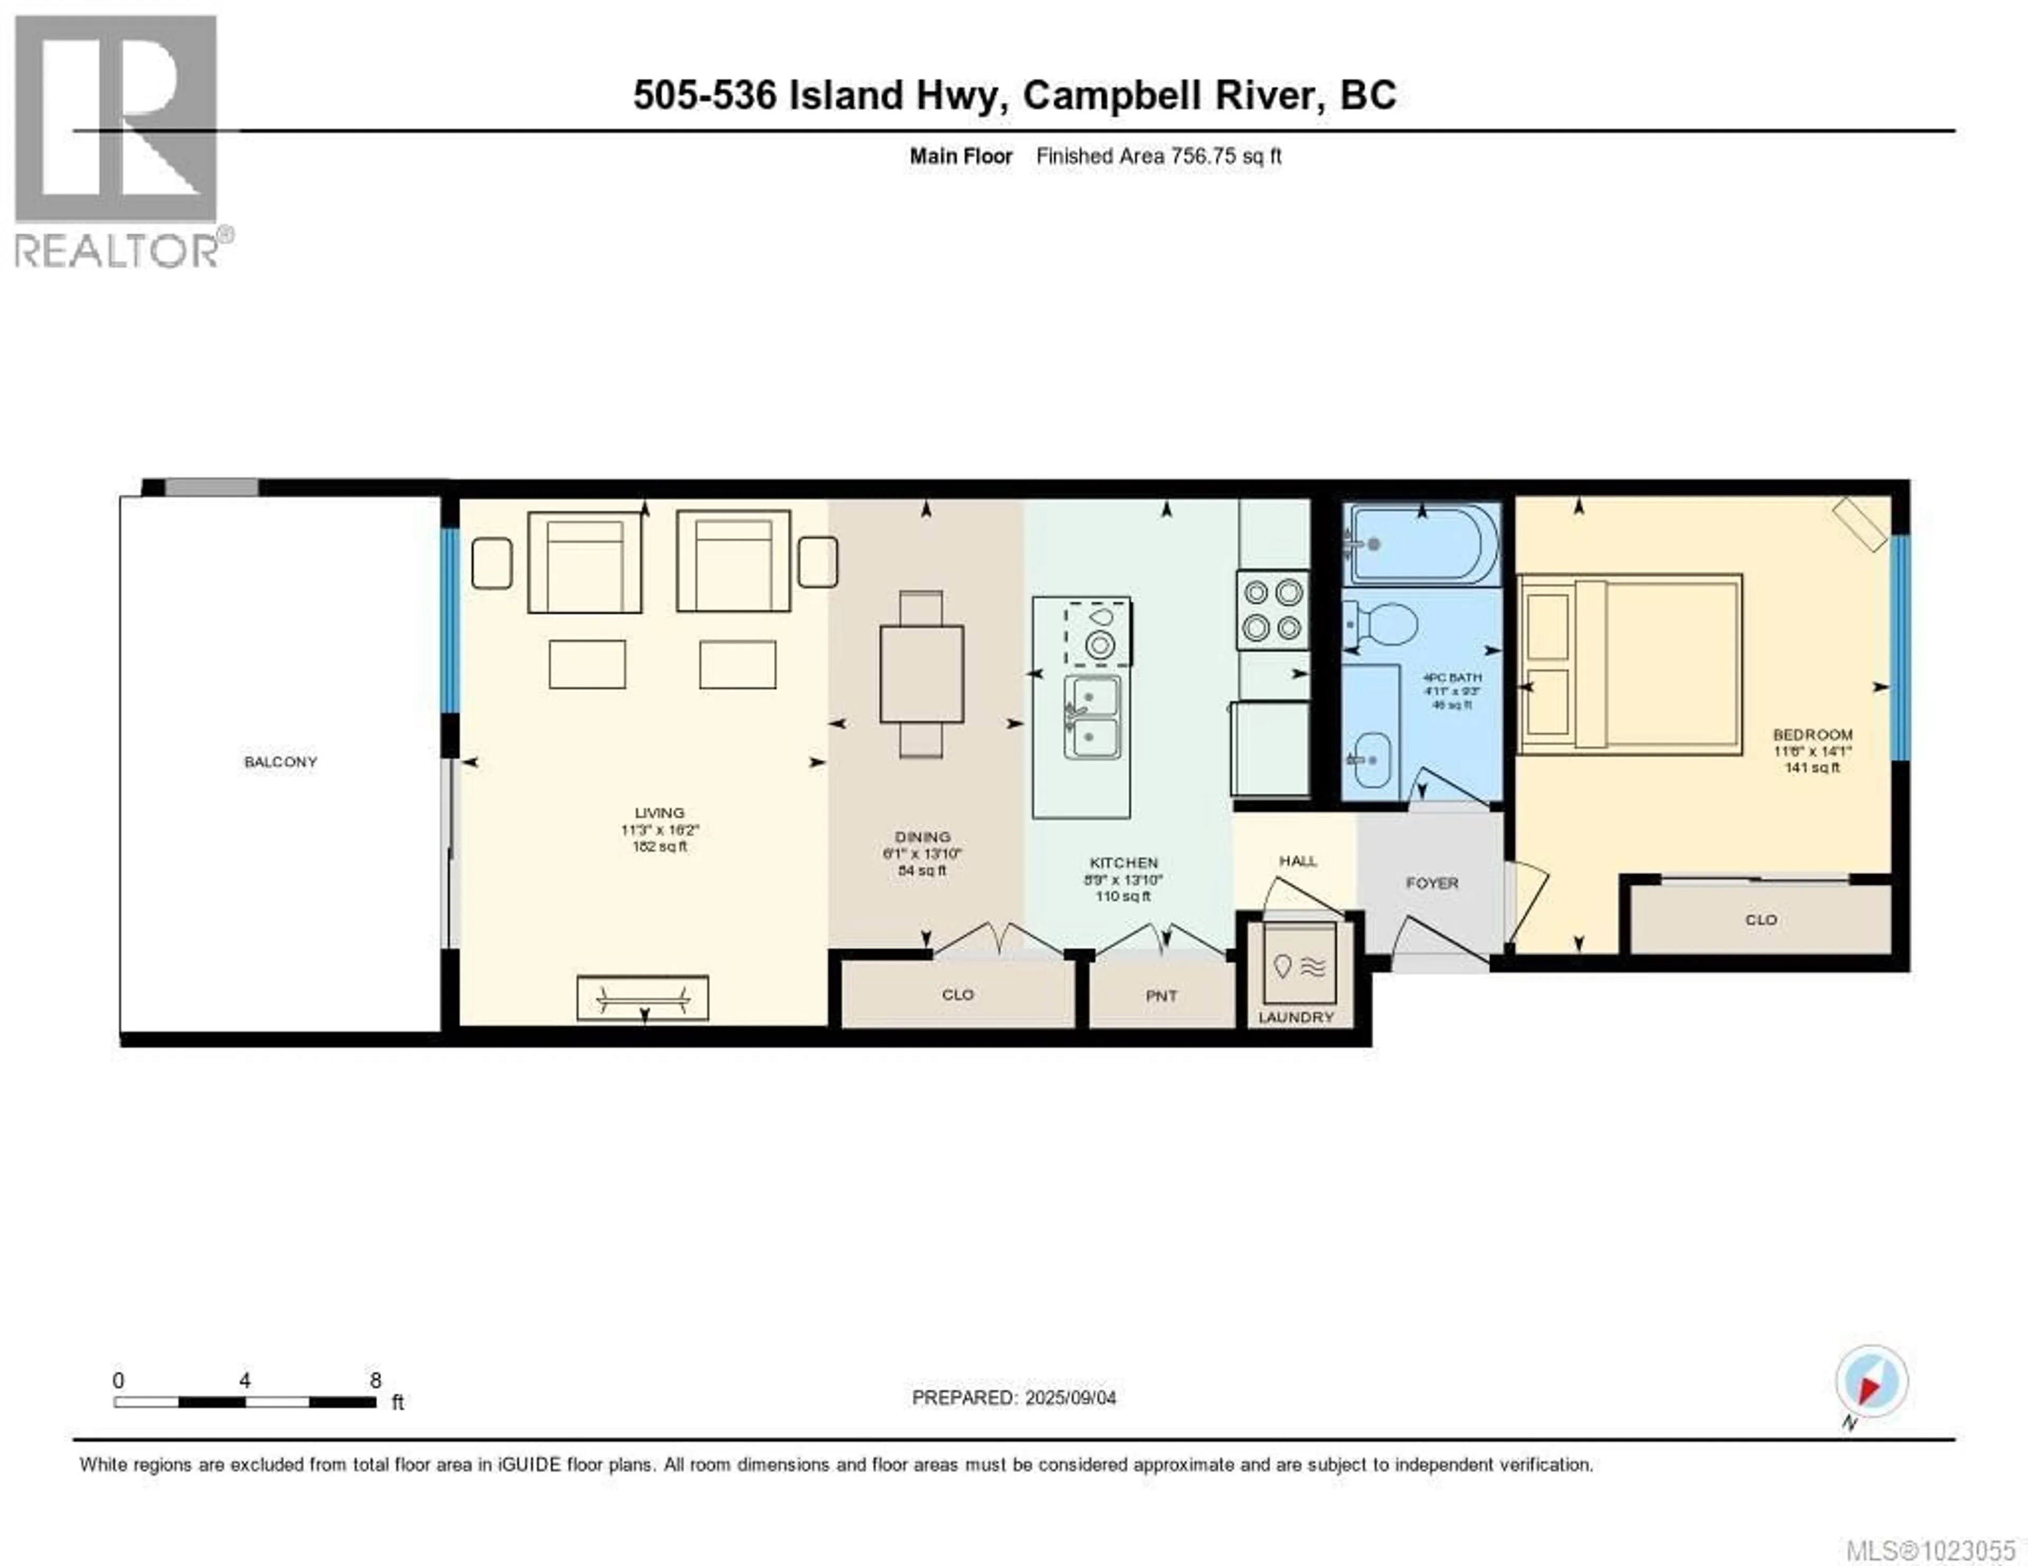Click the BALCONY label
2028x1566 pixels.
[x=280, y=762]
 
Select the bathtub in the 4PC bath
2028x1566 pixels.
[x=1421, y=543]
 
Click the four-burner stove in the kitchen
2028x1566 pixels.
[x=1272, y=610]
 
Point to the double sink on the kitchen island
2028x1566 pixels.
[x=1093, y=716]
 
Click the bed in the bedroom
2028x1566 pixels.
[x=1630, y=664]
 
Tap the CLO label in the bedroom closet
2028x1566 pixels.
[x=1761, y=920]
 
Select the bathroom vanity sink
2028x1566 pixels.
[x=1369, y=760]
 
